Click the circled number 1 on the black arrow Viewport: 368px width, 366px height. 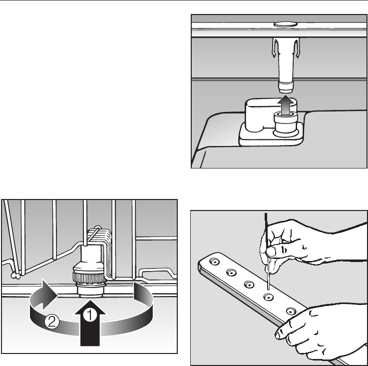point(90,315)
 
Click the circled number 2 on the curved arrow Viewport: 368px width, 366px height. point(51,322)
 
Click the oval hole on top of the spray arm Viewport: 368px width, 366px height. point(286,24)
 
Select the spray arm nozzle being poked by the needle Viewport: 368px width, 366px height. point(268,297)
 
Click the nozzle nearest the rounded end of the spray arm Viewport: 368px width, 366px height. point(215,261)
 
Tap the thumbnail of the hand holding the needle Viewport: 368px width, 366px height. point(270,252)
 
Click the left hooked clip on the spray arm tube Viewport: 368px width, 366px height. point(274,48)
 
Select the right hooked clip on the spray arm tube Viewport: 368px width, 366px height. point(297,48)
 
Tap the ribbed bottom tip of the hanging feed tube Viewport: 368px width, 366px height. point(286,87)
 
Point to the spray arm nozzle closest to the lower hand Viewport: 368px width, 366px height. point(291,311)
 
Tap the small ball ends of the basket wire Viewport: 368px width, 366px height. point(15,275)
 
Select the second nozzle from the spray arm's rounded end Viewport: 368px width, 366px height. point(231,272)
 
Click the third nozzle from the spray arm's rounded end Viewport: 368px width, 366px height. point(249,284)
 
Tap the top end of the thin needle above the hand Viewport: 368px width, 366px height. point(266,214)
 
